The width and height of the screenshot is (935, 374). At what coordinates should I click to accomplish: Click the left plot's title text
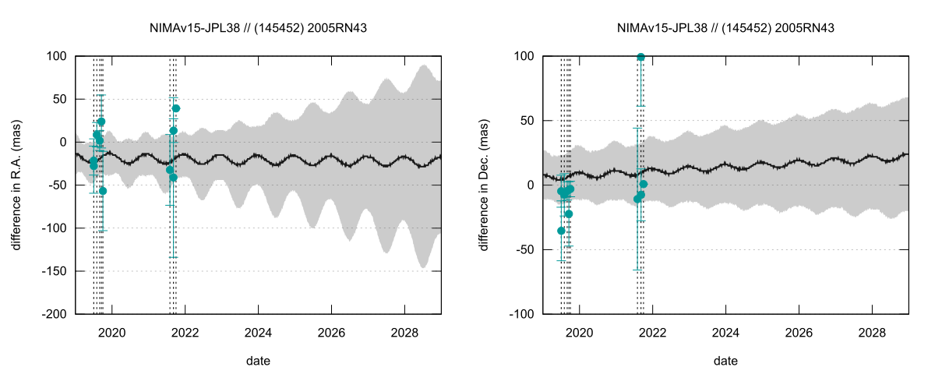(258, 28)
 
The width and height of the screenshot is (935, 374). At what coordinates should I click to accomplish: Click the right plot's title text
(725, 28)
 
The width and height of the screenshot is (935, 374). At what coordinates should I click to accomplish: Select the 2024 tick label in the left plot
(258, 333)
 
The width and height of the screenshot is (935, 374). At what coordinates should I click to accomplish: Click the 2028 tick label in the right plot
(872, 333)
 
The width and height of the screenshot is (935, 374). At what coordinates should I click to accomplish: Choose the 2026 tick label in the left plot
(331, 333)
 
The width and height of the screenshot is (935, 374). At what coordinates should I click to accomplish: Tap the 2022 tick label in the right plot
(652, 333)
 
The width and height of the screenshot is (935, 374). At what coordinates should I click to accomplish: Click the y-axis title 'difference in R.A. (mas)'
(16, 185)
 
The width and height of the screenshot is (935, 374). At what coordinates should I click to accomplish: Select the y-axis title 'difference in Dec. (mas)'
(483, 185)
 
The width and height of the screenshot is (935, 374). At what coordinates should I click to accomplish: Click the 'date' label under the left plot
(258, 361)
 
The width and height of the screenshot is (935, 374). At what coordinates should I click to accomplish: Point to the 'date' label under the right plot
(725, 361)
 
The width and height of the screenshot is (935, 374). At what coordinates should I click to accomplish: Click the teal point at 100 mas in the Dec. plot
(640, 57)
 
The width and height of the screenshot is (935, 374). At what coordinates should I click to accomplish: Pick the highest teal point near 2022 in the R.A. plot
(176, 108)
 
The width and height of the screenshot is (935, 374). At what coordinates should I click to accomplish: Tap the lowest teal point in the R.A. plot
(103, 191)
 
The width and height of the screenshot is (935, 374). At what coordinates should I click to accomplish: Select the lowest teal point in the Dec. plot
(561, 231)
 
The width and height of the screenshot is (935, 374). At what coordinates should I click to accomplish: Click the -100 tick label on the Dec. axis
(521, 314)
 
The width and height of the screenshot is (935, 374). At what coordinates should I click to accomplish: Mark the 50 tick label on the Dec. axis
(527, 121)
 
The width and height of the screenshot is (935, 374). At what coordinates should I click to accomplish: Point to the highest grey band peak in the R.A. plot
(424, 65)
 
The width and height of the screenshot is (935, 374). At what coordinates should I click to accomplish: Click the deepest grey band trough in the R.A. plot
(423, 266)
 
